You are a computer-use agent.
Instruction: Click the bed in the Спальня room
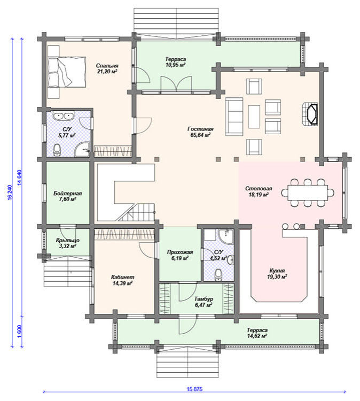click(67, 72)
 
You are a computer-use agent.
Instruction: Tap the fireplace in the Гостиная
click(310, 114)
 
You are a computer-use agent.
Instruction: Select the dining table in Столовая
click(308, 192)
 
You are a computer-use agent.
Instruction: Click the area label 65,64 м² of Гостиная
click(200, 135)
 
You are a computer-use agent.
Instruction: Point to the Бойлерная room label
click(68, 194)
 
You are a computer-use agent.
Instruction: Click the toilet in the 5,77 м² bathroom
click(57, 150)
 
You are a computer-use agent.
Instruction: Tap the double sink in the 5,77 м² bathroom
click(64, 116)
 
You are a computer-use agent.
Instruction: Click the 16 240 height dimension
click(10, 192)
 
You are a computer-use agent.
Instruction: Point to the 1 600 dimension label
click(20, 331)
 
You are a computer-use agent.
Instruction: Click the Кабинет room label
click(122, 277)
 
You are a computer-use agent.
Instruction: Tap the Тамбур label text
click(204, 299)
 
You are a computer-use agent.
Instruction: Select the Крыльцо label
click(68, 241)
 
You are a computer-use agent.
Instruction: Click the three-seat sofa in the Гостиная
click(234, 117)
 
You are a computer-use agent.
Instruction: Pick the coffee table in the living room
click(254, 117)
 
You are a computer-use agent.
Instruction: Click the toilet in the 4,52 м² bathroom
click(218, 275)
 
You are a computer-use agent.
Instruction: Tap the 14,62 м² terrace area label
click(257, 336)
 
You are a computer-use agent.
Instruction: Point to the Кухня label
click(277, 271)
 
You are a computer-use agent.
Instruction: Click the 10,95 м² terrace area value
click(175, 65)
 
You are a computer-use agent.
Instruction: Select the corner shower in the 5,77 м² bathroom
click(83, 150)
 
